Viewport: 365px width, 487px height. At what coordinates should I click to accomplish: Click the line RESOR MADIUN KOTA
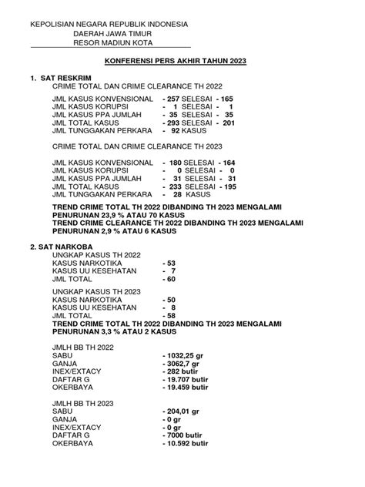[x=116, y=43]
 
